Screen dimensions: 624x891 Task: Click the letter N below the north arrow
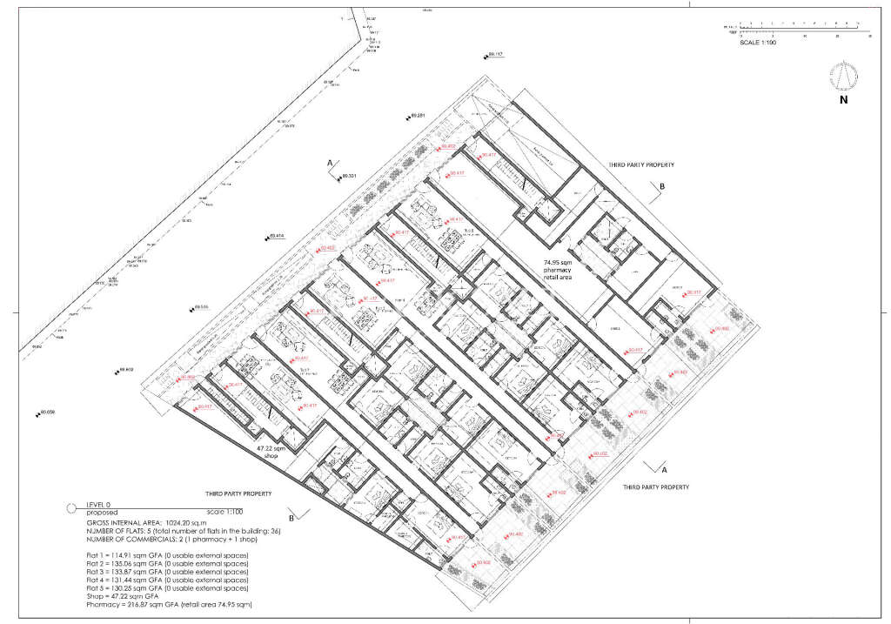point(843,100)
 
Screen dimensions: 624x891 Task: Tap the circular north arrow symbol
point(842,76)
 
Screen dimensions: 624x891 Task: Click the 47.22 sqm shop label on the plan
point(271,452)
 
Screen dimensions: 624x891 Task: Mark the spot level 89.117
point(495,54)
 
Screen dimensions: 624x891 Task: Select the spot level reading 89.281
point(415,116)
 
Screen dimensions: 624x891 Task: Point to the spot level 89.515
point(201,306)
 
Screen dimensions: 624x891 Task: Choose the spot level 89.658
point(46,412)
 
